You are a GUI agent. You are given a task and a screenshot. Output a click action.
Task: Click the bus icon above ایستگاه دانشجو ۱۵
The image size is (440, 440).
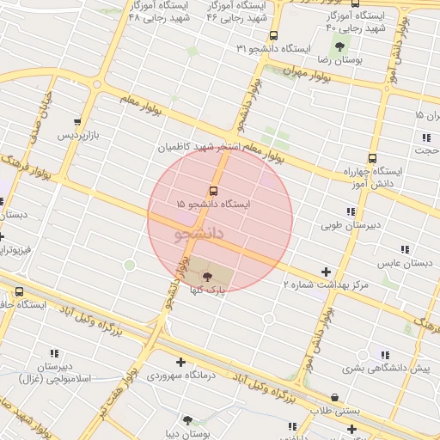click(212, 191)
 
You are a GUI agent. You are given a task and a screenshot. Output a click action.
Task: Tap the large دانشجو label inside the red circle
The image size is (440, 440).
click(199, 233)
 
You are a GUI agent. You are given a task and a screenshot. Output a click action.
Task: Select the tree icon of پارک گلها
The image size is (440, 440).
click(207, 275)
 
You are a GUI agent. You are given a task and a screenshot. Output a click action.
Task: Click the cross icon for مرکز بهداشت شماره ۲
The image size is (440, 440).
click(325, 272)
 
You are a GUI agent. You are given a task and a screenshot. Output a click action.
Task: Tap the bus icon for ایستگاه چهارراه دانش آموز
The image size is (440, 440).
click(372, 158)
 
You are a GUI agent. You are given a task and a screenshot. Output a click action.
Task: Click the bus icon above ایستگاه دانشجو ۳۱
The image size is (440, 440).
click(273, 36)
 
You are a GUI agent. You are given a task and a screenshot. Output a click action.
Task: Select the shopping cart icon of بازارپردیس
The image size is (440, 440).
click(78, 123)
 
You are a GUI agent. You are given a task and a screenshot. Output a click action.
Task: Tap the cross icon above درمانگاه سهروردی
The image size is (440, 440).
click(180, 362)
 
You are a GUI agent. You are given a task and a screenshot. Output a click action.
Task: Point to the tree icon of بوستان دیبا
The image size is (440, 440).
click(187, 421)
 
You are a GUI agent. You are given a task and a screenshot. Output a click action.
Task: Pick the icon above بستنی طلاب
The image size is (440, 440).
click(334, 398)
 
